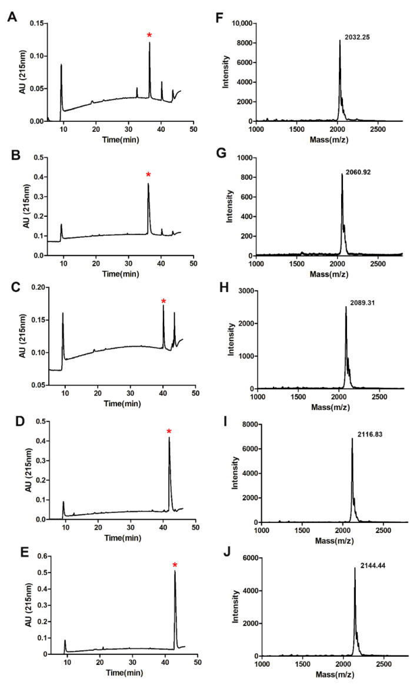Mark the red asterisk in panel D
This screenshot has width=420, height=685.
point(169,432)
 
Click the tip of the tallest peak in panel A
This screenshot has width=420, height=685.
point(149,42)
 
